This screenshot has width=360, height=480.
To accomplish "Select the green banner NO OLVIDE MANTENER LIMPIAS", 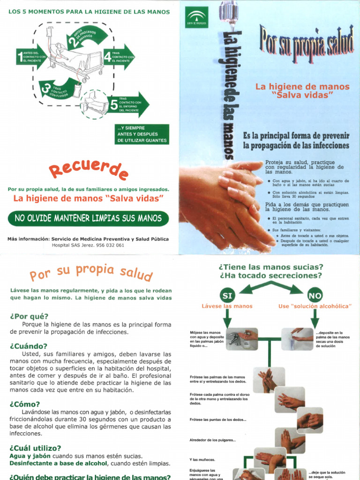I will (x=88, y=218).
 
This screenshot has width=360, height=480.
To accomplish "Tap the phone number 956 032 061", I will (x=107, y=245).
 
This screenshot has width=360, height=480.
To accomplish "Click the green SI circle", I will (x=227, y=295).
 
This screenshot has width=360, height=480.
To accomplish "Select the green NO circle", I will (x=315, y=295).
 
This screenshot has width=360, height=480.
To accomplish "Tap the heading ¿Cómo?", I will (x=25, y=404).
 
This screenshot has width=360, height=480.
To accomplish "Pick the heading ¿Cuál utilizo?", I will (x=35, y=448).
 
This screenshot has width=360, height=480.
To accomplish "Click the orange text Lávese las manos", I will (x=227, y=306).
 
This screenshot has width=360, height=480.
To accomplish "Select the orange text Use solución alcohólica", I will (x=315, y=306).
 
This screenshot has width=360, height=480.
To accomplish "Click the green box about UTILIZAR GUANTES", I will (x=142, y=134).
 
